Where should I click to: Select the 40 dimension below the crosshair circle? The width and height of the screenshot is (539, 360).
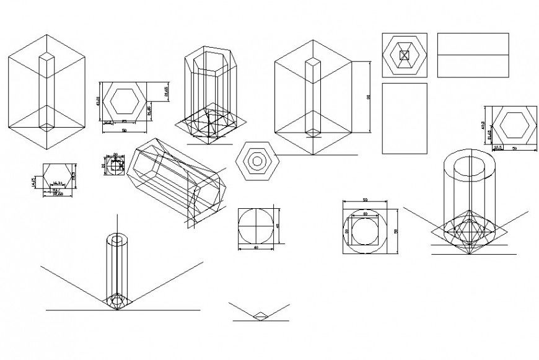pos(256,248)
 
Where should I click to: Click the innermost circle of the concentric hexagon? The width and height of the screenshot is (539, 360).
pos(256,160)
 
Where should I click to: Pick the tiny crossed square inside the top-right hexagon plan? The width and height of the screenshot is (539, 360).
pos(405,55)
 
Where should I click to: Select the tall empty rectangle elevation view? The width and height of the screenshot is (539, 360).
pos(405,119)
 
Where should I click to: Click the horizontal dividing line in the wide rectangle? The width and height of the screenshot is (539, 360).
pos(473,55)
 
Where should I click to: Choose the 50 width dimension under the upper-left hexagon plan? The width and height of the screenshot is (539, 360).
pos(125,131)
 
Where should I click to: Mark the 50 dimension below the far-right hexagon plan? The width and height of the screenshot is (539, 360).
pos(514,148)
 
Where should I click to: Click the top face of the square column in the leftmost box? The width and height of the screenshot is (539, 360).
pos(47,58)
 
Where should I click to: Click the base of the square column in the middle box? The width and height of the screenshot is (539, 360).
pos(314,132)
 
